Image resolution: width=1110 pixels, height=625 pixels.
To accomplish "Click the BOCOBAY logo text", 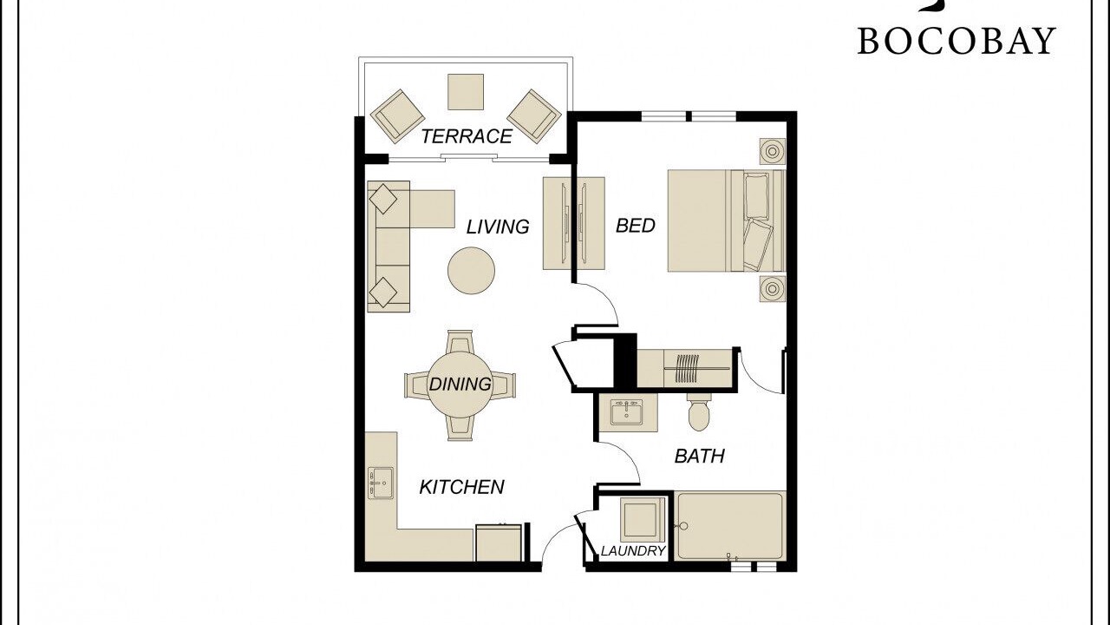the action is (x=957, y=41).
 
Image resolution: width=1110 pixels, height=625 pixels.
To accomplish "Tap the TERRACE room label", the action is (x=467, y=136).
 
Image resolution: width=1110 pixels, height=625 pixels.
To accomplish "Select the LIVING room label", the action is (x=498, y=227).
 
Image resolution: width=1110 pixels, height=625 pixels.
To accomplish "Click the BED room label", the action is (x=636, y=226).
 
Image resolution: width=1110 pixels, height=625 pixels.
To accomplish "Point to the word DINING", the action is (x=460, y=384).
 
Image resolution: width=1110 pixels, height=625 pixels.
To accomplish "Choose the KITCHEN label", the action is (x=462, y=487).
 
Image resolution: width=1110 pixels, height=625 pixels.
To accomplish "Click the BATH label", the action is (x=699, y=456).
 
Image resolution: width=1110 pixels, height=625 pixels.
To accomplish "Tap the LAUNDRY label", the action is (x=633, y=550).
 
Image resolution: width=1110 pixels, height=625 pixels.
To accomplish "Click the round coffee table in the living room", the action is (x=471, y=270).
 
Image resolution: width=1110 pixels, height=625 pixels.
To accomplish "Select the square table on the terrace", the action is (x=466, y=92).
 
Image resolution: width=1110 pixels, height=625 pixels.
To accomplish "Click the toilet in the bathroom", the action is (x=699, y=412).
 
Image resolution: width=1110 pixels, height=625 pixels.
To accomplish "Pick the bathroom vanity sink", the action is (x=626, y=412).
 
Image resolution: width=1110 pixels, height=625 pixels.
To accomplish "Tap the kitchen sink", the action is (x=381, y=483).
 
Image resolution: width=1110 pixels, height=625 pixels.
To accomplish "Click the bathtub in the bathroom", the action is (x=729, y=526).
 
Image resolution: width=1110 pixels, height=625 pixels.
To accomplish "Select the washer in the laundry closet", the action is (x=643, y=520).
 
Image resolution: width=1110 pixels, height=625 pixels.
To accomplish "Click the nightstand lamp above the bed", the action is (x=773, y=151).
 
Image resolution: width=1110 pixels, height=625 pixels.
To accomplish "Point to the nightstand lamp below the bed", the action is (x=773, y=289).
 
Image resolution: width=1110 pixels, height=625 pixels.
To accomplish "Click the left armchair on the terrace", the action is (x=397, y=116).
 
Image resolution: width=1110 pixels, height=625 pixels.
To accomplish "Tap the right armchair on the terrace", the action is (x=534, y=116).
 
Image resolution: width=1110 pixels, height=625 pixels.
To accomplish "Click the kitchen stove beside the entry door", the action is (x=499, y=543).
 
